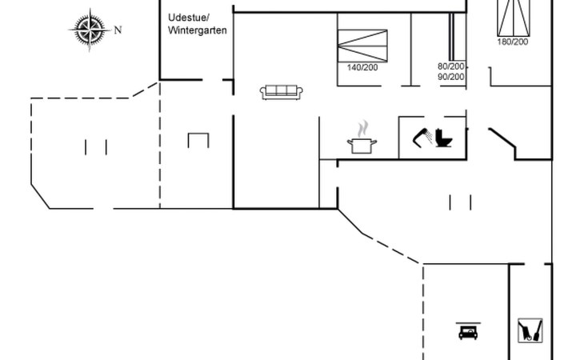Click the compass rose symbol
(x=90, y=30)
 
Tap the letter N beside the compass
(x=118, y=30)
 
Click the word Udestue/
(x=189, y=18)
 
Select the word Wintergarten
(x=198, y=30)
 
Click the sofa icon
(x=281, y=92)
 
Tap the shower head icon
(x=422, y=137)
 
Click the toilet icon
(x=443, y=138)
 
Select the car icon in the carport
(x=468, y=331)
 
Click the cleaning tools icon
(x=530, y=330)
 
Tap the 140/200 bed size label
(x=362, y=67)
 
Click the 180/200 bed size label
(x=513, y=42)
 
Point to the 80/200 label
(x=451, y=66)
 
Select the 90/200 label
(x=451, y=77)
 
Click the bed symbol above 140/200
(x=362, y=46)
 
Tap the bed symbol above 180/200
(x=514, y=18)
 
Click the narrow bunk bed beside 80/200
(x=451, y=37)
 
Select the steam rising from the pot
(x=362, y=129)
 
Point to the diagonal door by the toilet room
(x=502, y=138)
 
